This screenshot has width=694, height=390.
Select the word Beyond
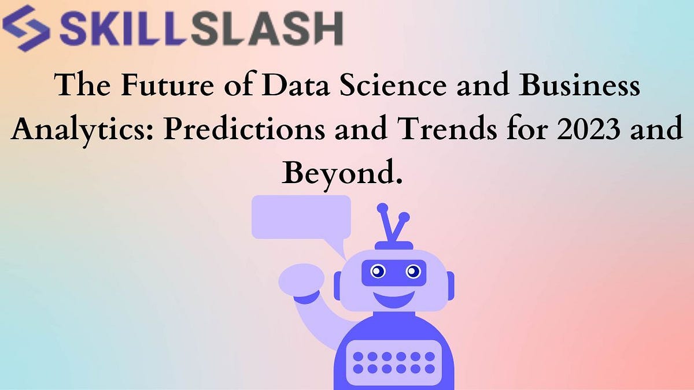[341, 172]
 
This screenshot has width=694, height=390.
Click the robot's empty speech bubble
[301, 217]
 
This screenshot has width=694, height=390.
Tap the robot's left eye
[378, 270]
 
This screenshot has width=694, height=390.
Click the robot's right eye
[413, 270]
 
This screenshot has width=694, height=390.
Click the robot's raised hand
[301, 278]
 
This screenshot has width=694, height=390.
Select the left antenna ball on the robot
[382, 209]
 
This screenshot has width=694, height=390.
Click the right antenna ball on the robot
[404, 218]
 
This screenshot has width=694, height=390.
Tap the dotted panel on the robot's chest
[393, 362]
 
